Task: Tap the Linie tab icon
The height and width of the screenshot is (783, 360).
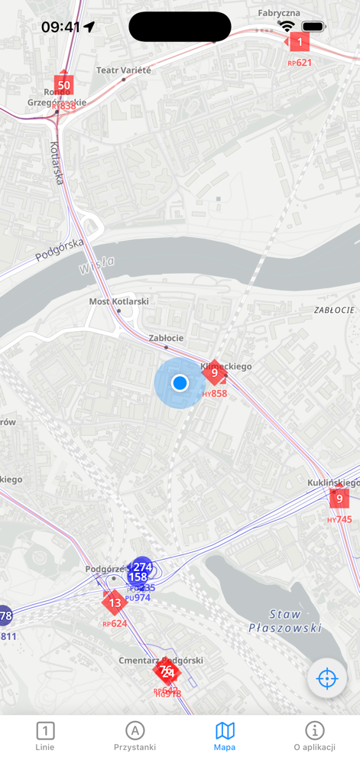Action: [45, 731]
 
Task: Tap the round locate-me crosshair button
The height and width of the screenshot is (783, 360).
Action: [327, 679]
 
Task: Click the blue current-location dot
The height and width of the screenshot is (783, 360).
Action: [180, 382]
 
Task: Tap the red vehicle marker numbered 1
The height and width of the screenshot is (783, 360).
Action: [299, 43]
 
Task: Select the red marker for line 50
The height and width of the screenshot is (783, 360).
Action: [63, 85]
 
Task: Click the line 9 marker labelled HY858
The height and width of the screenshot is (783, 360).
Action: [213, 373]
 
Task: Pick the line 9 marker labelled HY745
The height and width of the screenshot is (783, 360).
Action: [339, 499]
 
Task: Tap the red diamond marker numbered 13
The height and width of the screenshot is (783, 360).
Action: [115, 603]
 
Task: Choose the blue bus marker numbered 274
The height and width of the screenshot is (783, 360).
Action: [141, 567]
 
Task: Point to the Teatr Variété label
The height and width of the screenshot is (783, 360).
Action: [124, 70]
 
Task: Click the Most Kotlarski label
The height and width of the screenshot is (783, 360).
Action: [118, 302]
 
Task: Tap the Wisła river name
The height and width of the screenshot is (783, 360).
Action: [96, 265]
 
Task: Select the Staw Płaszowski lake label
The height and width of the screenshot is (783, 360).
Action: [284, 621]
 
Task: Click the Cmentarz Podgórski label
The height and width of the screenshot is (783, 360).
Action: [161, 660]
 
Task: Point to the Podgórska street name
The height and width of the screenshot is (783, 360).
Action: [59, 249]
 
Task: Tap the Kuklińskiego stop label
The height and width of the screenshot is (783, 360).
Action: [332, 482]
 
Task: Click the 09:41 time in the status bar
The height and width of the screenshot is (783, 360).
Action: [60, 27]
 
